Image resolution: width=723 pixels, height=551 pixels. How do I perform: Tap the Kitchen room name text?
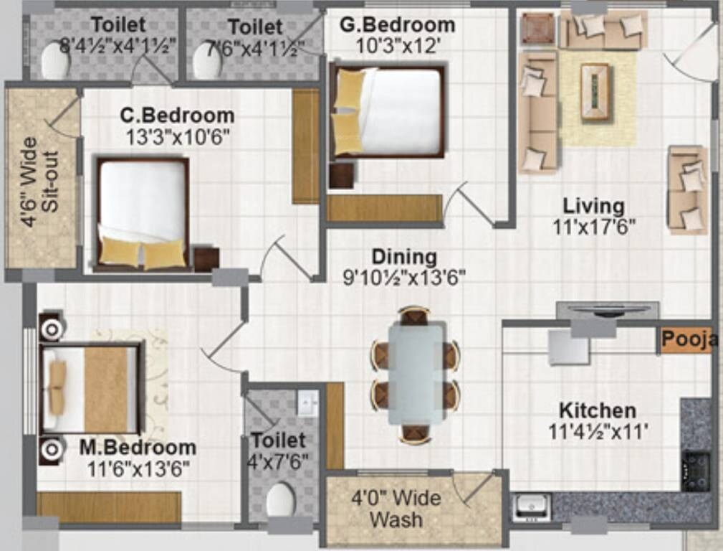click(x=597, y=411)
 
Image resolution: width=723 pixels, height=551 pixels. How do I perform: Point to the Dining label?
click(x=403, y=257)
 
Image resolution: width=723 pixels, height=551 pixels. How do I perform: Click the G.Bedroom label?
click(x=397, y=25)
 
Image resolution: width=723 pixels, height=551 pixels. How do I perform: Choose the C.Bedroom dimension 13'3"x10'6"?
click(x=177, y=137)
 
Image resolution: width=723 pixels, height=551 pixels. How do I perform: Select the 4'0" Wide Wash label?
click(x=396, y=508)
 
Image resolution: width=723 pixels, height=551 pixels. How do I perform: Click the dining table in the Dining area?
click(x=416, y=374)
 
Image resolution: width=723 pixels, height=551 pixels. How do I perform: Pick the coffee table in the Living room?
click(x=595, y=91)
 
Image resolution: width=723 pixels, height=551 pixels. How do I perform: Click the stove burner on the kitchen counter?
click(x=695, y=470)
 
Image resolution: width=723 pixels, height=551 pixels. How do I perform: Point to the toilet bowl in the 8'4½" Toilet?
click(x=55, y=61)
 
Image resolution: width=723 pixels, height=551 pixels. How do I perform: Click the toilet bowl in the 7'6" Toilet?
click(x=207, y=62)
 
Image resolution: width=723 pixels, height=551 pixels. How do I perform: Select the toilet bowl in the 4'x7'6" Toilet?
click(x=280, y=500)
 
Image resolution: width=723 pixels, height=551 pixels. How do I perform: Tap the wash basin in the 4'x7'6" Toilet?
click(x=307, y=404)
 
